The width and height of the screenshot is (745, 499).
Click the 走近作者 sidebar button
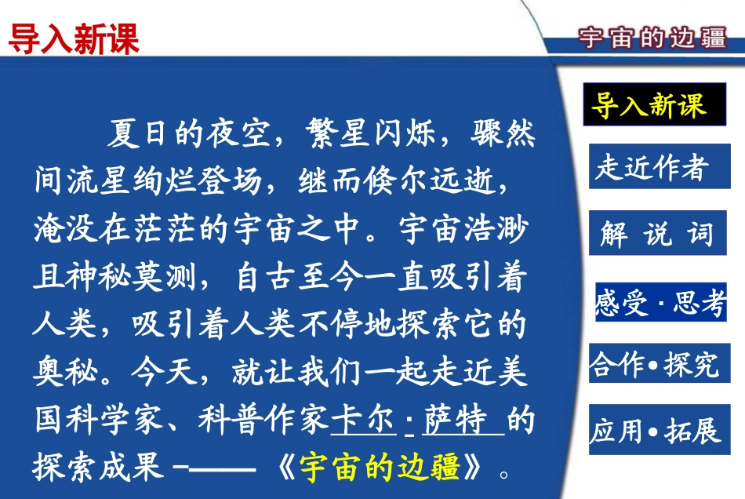[x=651, y=167]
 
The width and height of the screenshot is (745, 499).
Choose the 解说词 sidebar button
[x=656, y=234]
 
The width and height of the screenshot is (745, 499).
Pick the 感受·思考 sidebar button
[x=660, y=302]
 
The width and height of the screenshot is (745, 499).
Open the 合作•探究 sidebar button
[x=655, y=364]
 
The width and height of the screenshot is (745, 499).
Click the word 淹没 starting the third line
[x=60, y=229]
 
